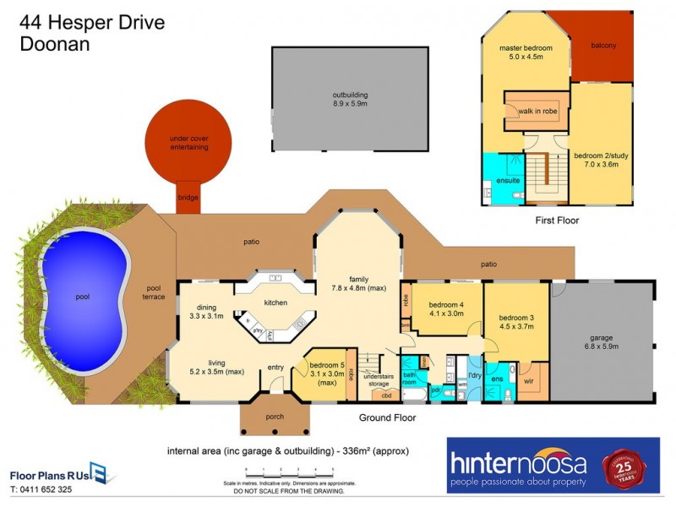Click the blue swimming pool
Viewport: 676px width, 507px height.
click(x=83, y=297)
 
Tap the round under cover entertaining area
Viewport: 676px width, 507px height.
click(x=188, y=141)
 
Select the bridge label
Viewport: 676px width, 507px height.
click(x=188, y=198)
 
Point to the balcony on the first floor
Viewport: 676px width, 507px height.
click(x=602, y=46)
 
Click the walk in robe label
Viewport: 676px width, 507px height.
click(x=537, y=111)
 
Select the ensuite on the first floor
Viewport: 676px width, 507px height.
click(x=508, y=180)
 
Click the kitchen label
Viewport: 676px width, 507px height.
click(x=275, y=303)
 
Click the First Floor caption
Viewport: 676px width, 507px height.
click(x=557, y=220)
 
